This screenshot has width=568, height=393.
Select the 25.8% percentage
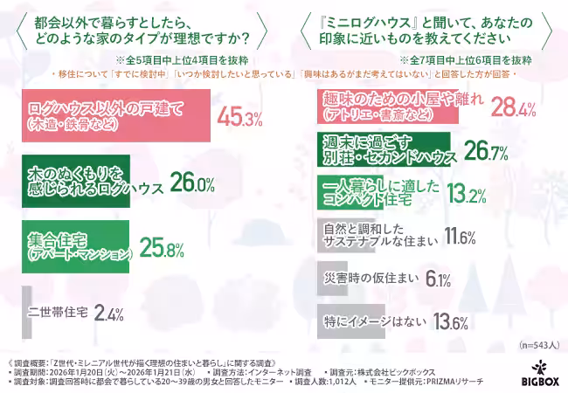point(162,249)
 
